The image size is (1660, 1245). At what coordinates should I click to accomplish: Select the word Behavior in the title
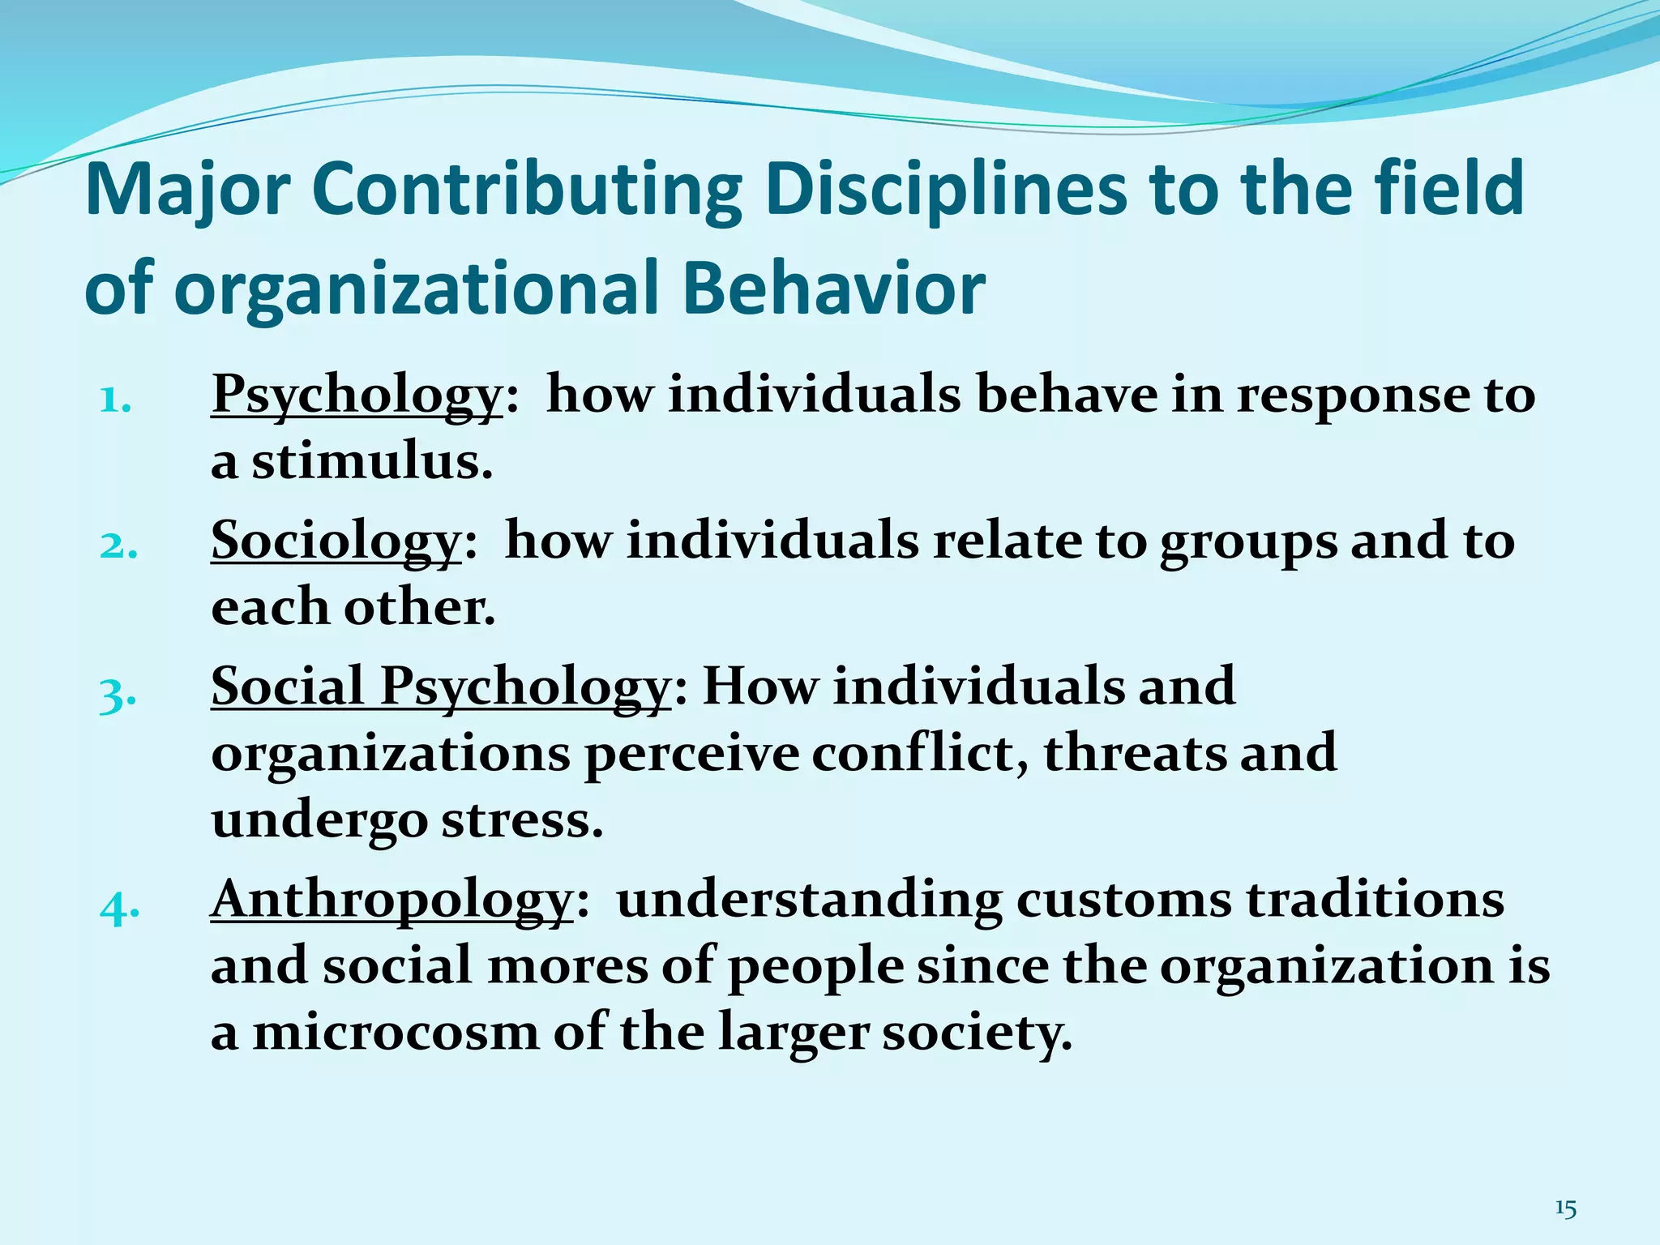833,289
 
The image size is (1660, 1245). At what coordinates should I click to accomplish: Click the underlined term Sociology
336,541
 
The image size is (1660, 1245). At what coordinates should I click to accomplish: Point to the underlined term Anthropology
392,900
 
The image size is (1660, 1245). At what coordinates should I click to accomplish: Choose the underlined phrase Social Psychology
440,687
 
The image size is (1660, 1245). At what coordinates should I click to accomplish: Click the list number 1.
115,400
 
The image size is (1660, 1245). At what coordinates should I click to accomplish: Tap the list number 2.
118,546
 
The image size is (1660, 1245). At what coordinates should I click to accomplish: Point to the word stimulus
370,462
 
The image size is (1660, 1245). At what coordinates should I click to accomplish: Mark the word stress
522,820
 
